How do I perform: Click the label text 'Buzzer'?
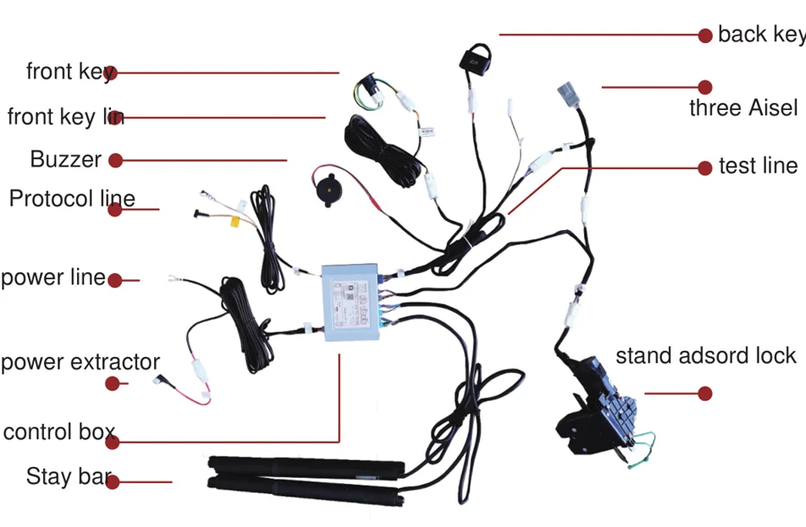pyautogui.click(x=65, y=160)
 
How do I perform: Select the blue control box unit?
pyautogui.click(x=349, y=297)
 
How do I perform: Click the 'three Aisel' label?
pyautogui.click(x=742, y=108)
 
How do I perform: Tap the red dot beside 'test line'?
pyautogui.click(x=705, y=166)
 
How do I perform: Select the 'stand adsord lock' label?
pyautogui.click(x=705, y=356)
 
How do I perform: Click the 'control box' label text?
pyautogui.click(x=59, y=432)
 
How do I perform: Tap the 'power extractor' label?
pyautogui.click(x=81, y=363)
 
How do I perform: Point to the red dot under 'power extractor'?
pyautogui.click(x=112, y=383)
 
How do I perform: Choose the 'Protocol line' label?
pyautogui.click(x=72, y=199)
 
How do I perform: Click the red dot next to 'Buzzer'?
pyautogui.click(x=116, y=161)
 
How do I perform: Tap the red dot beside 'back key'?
pyautogui.click(x=705, y=35)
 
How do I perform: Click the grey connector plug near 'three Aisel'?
pyautogui.click(x=567, y=95)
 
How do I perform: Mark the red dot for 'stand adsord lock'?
pyautogui.click(x=705, y=393)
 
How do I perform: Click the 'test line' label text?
pyautogui.click(x=758, y=166)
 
